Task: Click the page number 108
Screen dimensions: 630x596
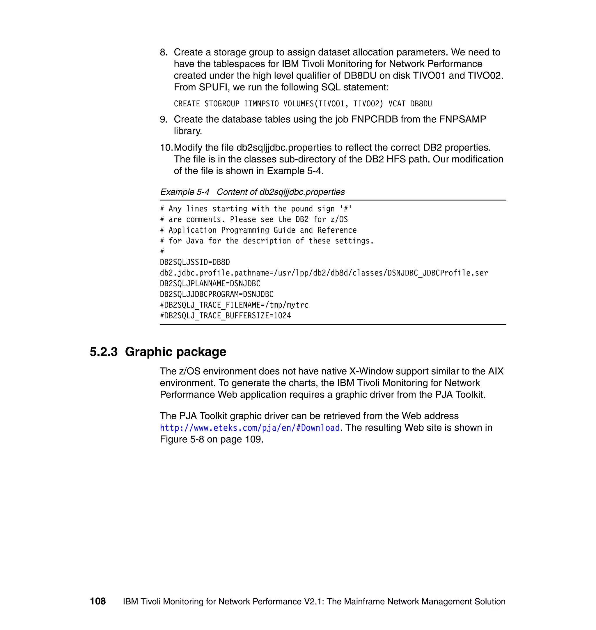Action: pyautogui.click(x=97, y=601)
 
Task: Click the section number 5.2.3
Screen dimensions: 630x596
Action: pyautogui.click(x=104, y=352)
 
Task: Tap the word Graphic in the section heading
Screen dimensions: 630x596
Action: pyautogui.click(x=148, y=352)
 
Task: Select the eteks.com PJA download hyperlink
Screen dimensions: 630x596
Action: pyautogui.click(x=250, y=428)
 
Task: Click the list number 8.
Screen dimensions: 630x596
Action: pyautogui.click(x=164, y=52)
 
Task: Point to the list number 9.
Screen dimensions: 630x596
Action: pyautogui.click(x=164, y=119)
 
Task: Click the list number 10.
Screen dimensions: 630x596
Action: pyautogui.click(x=166, y=148)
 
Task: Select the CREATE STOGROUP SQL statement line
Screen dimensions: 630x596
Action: pyautogui.click(x=302, y=104)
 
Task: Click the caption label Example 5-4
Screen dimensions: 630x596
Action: pyautogui.click(x=185, y=192)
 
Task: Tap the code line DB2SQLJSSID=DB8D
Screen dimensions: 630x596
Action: pyautogui.click(x=195, y=262)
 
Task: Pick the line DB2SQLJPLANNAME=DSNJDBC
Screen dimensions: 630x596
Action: pyautogui.click(x=210, y=284)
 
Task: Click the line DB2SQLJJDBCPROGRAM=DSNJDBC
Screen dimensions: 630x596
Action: pyautogui.click(x=216, y=294)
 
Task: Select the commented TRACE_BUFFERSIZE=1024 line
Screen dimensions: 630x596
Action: pyautogui.click(x=225, y=316)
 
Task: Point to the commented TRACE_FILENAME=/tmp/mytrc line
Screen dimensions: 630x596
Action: pyautogui.click(x=234, y=305)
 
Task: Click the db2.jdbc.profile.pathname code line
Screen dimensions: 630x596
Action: pyautogui.click(x=323, y=273)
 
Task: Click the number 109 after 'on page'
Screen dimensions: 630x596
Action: pyautogui.click(x=253, y=439)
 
